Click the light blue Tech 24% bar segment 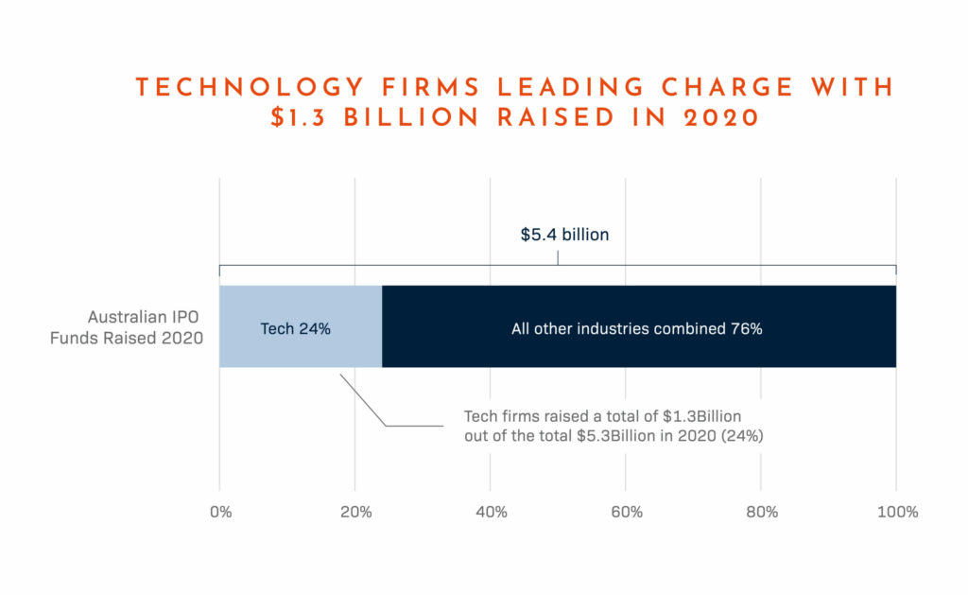[x=301, y=326]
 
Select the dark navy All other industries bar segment [x=639, y=326]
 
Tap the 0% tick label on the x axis [x=219, y=512]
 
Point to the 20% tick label [x=354, y=512]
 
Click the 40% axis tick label [x=490, y=512]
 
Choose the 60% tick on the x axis [x=626, y=512]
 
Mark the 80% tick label [x=761, y=512]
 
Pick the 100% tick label [x=896, y=512]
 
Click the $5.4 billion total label [x=564, y=234]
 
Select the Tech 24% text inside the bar [x=296, y=330]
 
